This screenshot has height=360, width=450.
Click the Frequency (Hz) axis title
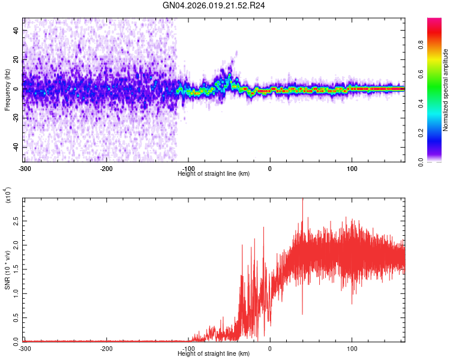click(x=7, y=89)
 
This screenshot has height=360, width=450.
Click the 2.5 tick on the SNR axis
click(x=15, y=221)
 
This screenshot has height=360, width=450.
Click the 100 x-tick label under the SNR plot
click(x=352, y=347)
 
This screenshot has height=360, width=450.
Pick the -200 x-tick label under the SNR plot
click(x=107, y=347)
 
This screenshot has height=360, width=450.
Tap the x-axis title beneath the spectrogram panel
click(x=214, y=173)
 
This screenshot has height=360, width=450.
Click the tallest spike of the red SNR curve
click(x=302, y=199)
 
